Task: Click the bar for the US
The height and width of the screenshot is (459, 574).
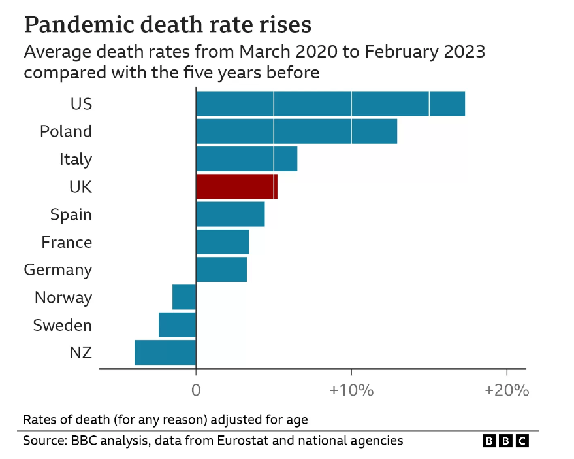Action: pos(330,104)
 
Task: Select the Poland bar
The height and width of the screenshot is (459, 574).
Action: pos(296,131)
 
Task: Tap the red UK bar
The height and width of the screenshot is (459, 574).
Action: pos(236,187)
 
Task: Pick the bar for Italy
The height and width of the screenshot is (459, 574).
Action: pos(246,159)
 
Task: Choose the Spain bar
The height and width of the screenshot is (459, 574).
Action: pos(230,214)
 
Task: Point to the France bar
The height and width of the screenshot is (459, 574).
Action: pos(222,242)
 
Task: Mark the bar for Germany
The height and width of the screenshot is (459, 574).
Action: pos(221,269)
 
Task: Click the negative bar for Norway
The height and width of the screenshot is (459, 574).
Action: pos(184,297)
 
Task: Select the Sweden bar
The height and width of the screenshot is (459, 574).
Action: pos(177,325)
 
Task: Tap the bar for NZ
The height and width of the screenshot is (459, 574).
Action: pos(165,352)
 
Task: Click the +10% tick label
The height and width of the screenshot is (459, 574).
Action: pos(351,391)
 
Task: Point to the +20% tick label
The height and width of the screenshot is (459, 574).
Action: pos(506,391)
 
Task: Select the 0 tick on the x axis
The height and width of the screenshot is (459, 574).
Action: pos(196,391)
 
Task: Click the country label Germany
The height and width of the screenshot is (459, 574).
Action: pos(58,270)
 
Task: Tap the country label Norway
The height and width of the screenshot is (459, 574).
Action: pos(63,297)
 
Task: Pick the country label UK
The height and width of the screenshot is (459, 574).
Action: pos(80,187)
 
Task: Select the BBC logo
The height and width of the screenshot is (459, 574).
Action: pos(505,441)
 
